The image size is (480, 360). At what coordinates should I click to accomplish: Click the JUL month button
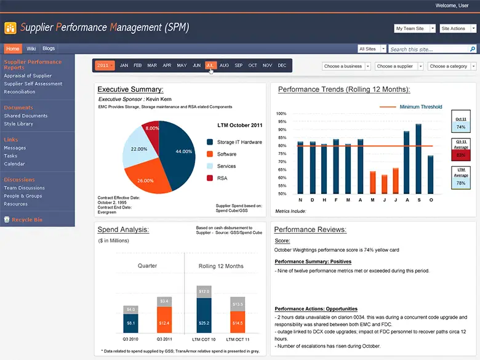(210, 65)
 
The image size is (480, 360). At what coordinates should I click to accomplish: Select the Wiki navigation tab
(31, 49)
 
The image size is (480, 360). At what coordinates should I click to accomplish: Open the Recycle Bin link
(26, 220)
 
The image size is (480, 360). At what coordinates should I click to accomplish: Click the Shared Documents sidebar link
(26, 116)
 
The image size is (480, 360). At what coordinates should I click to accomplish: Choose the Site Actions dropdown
(457, 28)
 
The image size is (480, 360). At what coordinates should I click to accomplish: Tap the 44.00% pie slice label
(183, 151)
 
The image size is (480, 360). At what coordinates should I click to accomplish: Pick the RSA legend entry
(222, 178)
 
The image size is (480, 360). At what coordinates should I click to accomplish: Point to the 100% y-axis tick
(282, 114)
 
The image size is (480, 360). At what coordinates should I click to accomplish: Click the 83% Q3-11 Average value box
(460, 155)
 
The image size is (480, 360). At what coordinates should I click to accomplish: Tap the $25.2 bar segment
(204, 321)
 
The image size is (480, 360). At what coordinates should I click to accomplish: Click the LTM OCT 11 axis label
(238, 340)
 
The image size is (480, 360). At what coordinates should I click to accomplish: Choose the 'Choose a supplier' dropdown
(399, 66)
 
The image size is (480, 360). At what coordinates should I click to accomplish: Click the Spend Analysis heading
(123, 230)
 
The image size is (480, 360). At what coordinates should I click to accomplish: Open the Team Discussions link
(25, 188)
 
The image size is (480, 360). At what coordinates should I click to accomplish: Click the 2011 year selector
(105, 65)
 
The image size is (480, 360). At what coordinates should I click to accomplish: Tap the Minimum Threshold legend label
(421, 107)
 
